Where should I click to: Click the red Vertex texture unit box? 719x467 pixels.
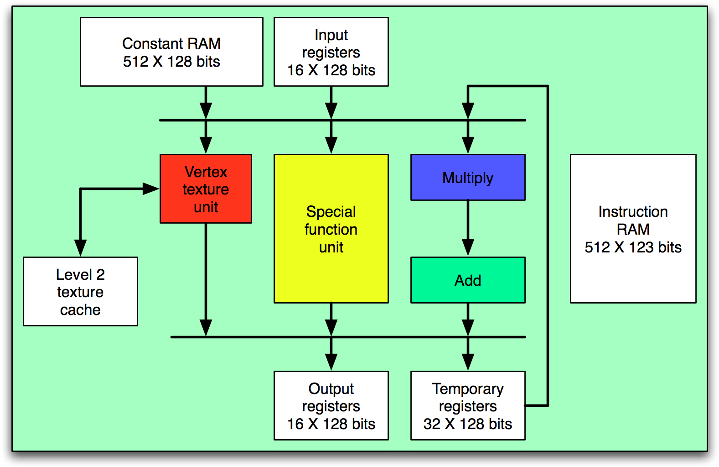pyautogui.click(x=206, y=189)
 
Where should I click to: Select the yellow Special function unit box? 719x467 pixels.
pyautogui.click(x=331, y=229)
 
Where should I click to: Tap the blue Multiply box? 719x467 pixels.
pyautogui.click(x=468, y=177)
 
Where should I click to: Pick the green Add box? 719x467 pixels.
pyautogui.click(x=468, y=280)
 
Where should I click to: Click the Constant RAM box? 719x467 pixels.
pyautogui.click(x=171, y=52)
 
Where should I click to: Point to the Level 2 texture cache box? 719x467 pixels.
pyautogui.click(x=80, y=291)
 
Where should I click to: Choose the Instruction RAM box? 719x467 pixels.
pyautogui.click(x=633, y=228)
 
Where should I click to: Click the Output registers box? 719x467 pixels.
pyautogui.click(x=331, y=405)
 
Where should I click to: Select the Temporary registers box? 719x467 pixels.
pyautogui.click(x=468, y=405)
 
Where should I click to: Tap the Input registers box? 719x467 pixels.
pyautogui.click(x=331, y=52)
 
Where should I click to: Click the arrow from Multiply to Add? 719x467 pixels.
pyautogui.click(x=468, y=228)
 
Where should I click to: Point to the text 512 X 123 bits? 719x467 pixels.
pyautogui.click(x=633, y=247)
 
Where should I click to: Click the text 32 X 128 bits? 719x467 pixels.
pyautogui.click(x=468, y=424)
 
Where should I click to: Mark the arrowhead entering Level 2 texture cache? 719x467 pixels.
pyautogui.click(x=80, y=247)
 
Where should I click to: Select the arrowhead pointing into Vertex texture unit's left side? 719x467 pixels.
pyautogui.click(x=150, y=189)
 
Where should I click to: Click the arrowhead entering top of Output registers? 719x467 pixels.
pyautogui.click(x=331, y=362)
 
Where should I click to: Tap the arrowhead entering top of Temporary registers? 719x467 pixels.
pyautogui.click(x=468, y=362)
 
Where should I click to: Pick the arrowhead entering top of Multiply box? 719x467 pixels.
pyautogui.click(x=468, y=145)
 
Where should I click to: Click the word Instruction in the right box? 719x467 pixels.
pyautogui.click(x=633, y=211)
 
